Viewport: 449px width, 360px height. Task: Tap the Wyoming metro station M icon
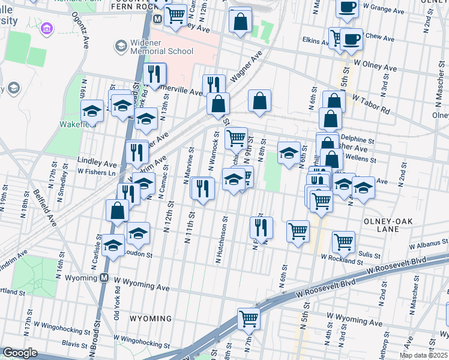pos(104,278)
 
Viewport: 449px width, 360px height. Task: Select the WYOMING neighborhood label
pos(151,318)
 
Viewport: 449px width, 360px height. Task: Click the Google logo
pos(20,353)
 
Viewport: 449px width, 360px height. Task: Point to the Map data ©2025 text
pos(423,355)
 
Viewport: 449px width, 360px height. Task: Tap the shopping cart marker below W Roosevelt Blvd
pos(249,319)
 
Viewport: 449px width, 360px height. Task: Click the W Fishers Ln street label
pos(98,173)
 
